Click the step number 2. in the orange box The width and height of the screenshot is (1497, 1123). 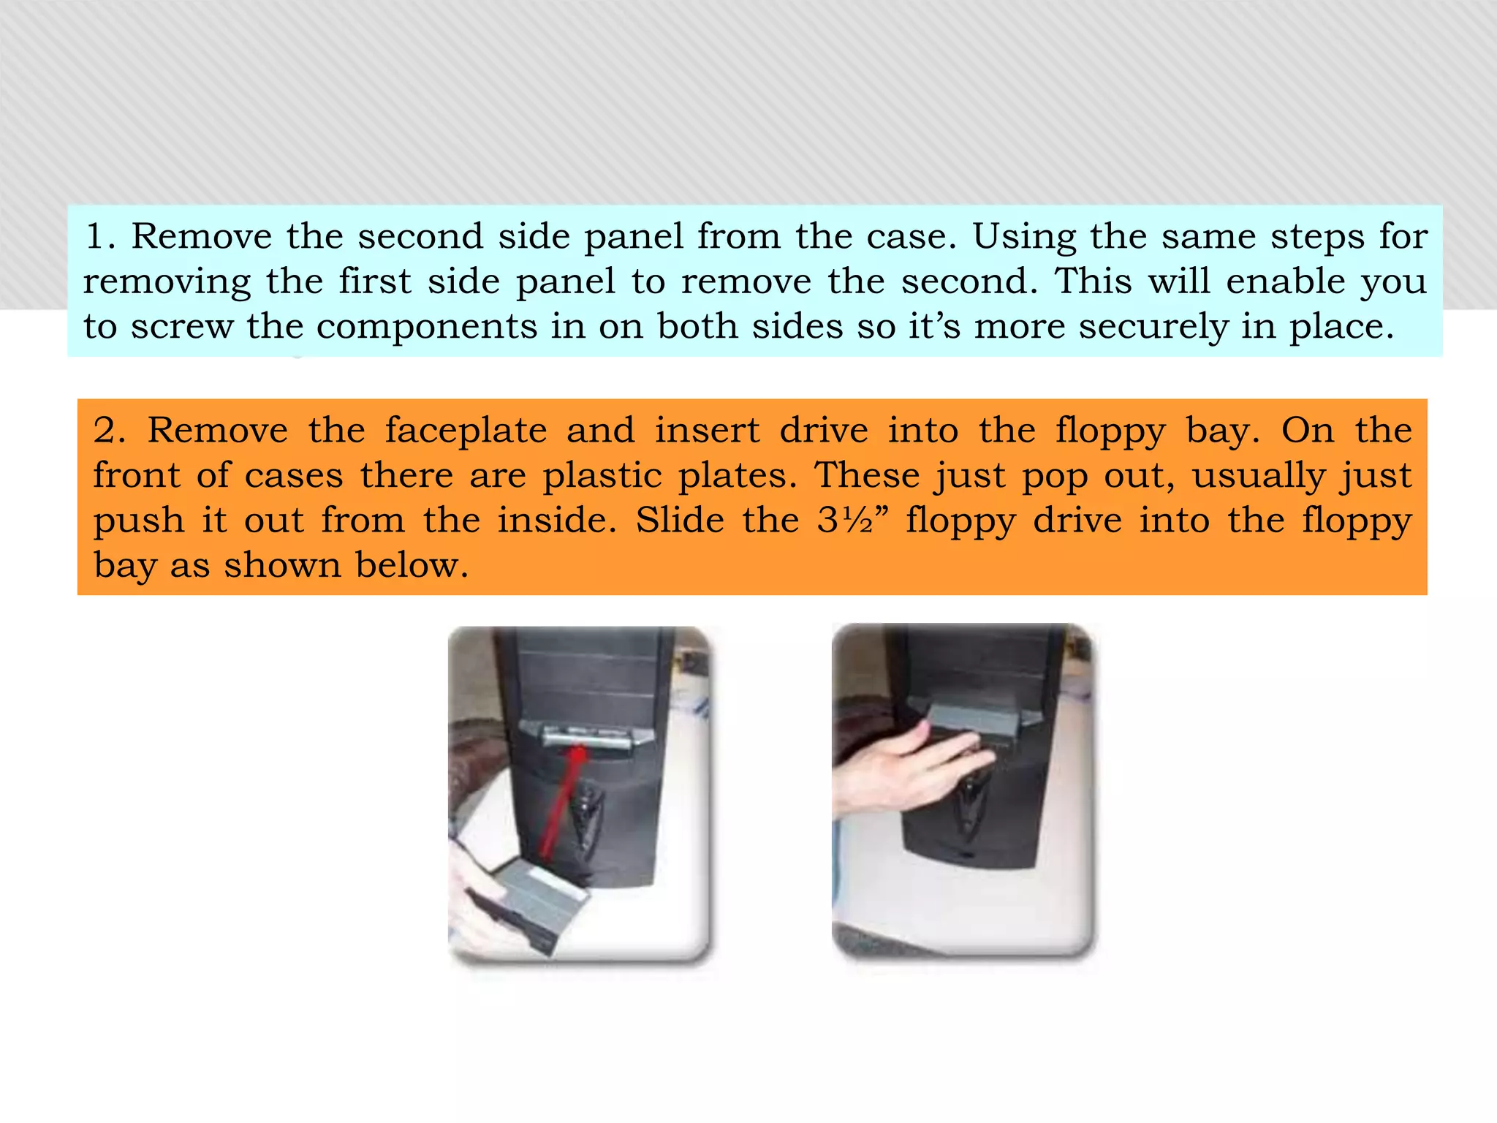(109, 431)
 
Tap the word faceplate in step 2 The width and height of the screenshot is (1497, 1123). (466, 431)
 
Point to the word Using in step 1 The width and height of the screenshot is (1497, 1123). (1023, 237)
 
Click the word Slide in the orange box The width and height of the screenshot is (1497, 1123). (680, 521)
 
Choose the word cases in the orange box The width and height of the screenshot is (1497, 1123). (293, 476)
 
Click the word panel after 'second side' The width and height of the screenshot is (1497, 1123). (634, 237)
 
